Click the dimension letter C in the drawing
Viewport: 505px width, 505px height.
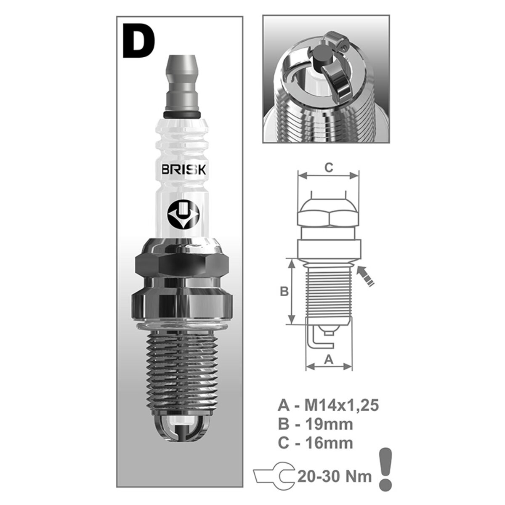click(x=329, y=167)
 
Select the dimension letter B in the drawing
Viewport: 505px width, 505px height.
click(x=284, y=291)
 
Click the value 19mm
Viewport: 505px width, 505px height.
click(x=329, y=424)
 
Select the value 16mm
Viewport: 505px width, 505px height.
click(x=329, y=443)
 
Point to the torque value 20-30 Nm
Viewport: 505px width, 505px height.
click(x=335, y=477)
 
